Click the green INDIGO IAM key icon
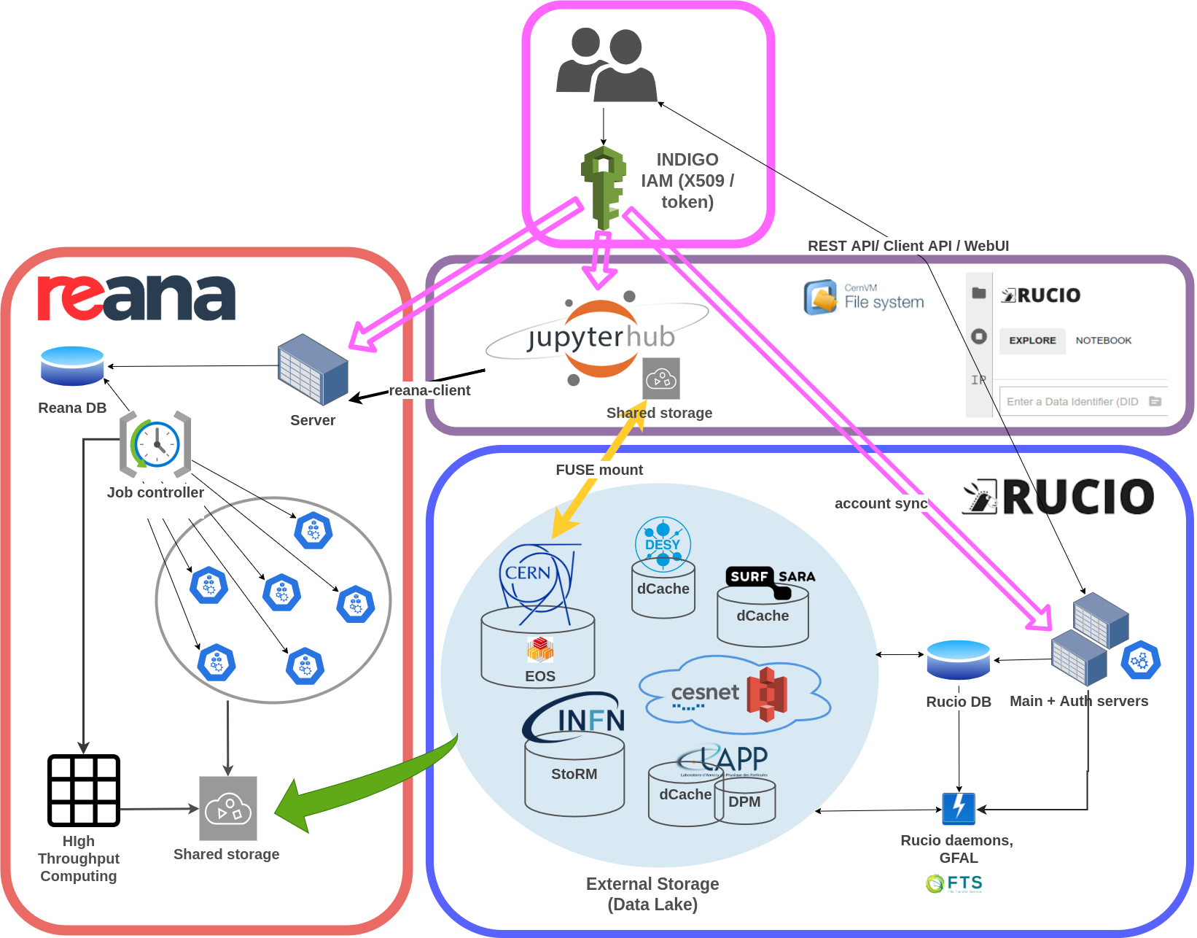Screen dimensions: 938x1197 point(604,186)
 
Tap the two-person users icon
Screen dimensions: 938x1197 point(607,66)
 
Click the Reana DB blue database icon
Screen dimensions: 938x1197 point(72,366)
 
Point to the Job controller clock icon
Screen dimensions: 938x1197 point(155,444)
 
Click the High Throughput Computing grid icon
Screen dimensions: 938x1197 point(84,791)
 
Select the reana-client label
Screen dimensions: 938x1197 point(429,390)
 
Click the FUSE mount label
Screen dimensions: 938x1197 point(599,470)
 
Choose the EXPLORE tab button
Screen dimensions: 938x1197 point(1032,341)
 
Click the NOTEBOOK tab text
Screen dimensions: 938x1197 point(1104,341)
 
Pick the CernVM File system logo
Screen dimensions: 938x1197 point(864,297)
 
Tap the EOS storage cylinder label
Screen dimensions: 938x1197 point(540,676)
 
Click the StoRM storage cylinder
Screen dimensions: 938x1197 point(574,774)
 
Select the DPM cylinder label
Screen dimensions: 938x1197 point(744,802)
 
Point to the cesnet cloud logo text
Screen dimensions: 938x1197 point(705,693)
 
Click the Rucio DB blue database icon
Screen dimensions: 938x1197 point(958,659)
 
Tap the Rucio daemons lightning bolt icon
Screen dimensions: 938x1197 point(959,808)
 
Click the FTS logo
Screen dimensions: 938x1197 point(954,883)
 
